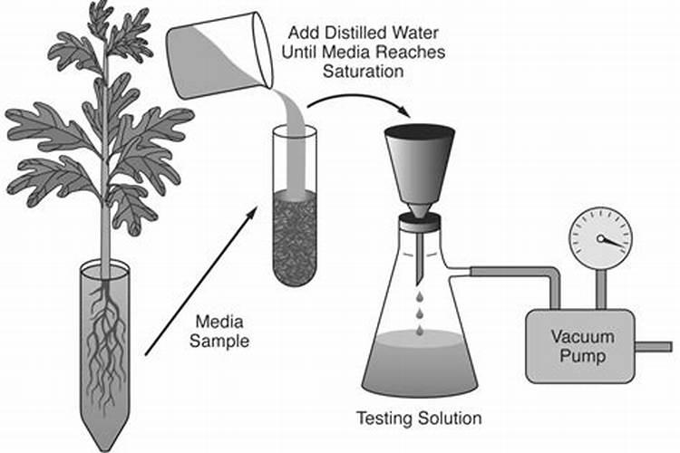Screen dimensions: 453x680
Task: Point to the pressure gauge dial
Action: click(x=600, y=238)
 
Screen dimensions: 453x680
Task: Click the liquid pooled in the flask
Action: click(x=420, y=359)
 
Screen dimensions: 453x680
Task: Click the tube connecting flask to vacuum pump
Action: click(x=508, y=272)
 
